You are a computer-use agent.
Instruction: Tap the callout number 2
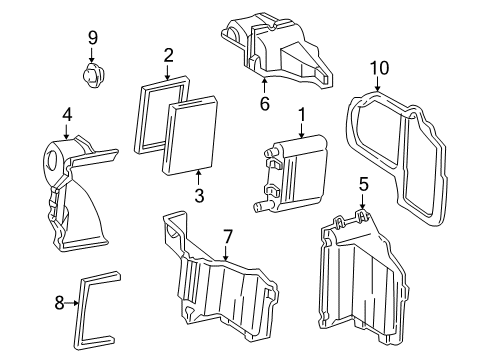tap(169, 56)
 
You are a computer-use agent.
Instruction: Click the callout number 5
tap(364, 184)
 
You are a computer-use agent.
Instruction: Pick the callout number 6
tap(265, 103)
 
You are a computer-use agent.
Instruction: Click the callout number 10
tap(377, 67)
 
